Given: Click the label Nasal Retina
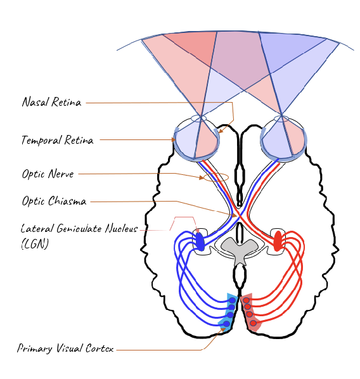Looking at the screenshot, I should pyautogui.click(x=52, y=102).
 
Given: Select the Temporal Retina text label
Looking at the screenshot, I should pyautogui.click(x=58, y=140).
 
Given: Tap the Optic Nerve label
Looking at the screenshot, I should pyautogui.click(x=48, y=173).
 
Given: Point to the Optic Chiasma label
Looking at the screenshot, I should pyautogui.click(x=54, y=202).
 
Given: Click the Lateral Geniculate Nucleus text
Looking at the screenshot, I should pyautogui.click(x=79, y=228).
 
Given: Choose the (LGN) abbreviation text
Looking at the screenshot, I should pyautogui.click(x=35, y=243).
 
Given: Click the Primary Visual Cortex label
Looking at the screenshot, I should pyautogui.click(x=65, y=349).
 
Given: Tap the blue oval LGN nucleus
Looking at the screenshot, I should pyautogui.click(x=200, y=241).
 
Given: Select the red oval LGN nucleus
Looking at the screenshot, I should pyautogui.click(x=278, y=241).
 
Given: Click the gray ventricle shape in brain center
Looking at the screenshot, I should pyautogui.click(x=239, y=250).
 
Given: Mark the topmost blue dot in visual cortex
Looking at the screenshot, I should pyautogui.click(x=233, y=299).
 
